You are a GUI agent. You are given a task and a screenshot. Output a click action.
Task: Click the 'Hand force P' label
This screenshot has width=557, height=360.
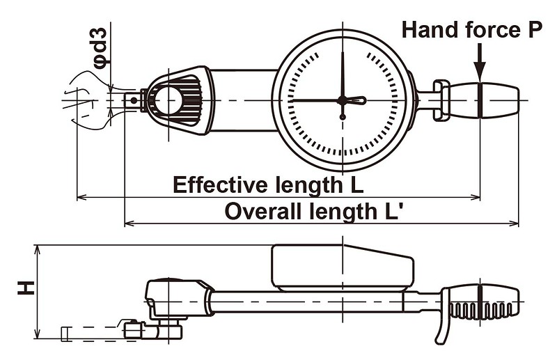472,29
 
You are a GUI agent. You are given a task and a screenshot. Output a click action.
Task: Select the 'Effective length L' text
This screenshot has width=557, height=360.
268,185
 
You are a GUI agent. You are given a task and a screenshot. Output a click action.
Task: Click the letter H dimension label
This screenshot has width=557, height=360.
26,288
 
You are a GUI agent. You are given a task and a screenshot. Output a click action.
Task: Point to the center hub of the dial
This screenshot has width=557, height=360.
343,100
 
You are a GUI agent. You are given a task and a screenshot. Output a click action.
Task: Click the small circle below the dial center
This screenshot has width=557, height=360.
343,116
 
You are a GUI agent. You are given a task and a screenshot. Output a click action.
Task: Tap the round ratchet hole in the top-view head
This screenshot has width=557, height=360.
168,100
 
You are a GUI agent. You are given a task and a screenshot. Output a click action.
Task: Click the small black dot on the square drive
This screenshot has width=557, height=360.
134,100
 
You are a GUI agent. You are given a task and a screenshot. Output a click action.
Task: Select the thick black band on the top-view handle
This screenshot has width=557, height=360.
480,100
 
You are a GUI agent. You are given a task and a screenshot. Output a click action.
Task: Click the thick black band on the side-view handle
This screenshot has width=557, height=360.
480,302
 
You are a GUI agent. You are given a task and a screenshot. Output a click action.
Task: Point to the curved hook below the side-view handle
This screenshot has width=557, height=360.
443,327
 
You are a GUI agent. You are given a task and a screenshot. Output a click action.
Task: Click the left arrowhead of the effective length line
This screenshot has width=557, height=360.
82,197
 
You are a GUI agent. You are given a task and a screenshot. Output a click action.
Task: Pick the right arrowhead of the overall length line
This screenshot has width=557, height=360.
514,224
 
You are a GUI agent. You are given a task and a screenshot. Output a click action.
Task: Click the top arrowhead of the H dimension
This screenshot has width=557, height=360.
37,249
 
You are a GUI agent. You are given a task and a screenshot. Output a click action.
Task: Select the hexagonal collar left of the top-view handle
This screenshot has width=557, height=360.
441,100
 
